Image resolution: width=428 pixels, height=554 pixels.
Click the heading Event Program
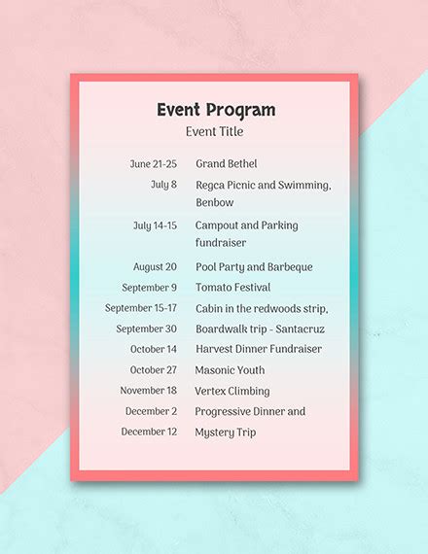coord(215,110)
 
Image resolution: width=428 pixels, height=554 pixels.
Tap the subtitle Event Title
coord(215,131)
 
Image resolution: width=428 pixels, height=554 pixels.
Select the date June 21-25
coord(154,164)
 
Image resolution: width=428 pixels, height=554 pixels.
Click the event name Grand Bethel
coord(227,164)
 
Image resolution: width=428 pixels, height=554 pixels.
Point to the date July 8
coord(163,185)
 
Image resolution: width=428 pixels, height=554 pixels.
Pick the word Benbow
coord(215,202)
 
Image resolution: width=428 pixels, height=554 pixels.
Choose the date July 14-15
coord(155,225)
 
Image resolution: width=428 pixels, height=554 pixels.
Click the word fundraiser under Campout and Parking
coord(221,243)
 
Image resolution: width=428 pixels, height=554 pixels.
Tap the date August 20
coord(155,267)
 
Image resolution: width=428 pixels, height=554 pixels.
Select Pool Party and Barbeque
coord(254,267)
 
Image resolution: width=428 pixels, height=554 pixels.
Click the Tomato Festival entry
coord(232,288)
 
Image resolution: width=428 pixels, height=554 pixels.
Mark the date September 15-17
coord(141,308)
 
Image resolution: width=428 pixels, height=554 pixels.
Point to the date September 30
coord(147,329)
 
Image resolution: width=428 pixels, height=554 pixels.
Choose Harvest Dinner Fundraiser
coord(259,349)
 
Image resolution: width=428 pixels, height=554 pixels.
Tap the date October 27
coord(154,370)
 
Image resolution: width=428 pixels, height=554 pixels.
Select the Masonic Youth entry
coord(230,370)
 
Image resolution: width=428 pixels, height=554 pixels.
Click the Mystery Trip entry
coord(226,433)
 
